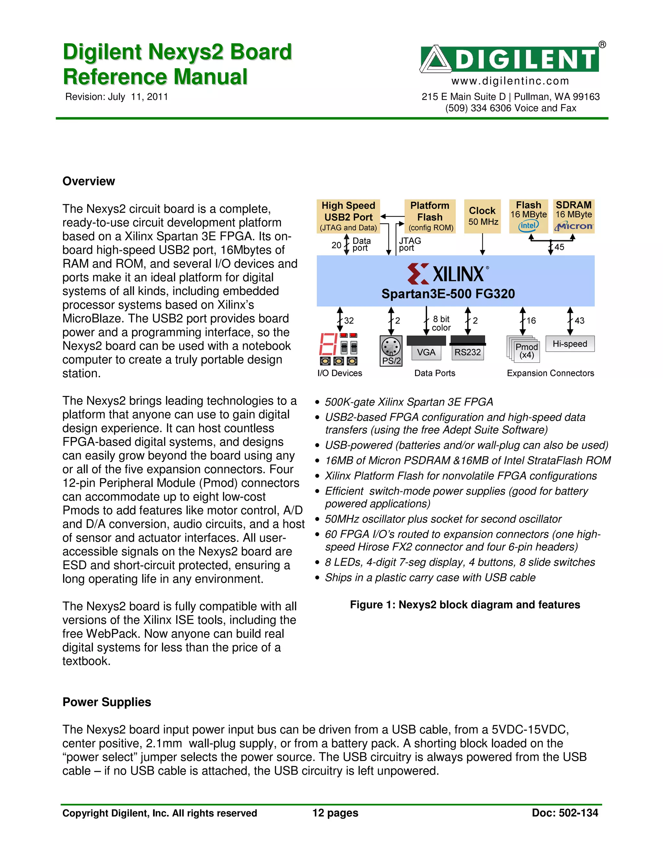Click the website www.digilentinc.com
[x=510, y=81]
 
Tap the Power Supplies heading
[x=107, y=702]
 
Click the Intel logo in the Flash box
[x=528, y=225]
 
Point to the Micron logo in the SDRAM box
[x=573, y=226]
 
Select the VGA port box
[x=426, y=352]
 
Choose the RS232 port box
[x=467, y=352]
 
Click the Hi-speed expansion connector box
[x=570, y=344]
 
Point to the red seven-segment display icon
[x=328, y=344]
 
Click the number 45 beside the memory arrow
[x=559, y=247]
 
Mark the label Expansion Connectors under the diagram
[x=550, y=373]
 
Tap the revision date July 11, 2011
[x=138, y=97]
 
